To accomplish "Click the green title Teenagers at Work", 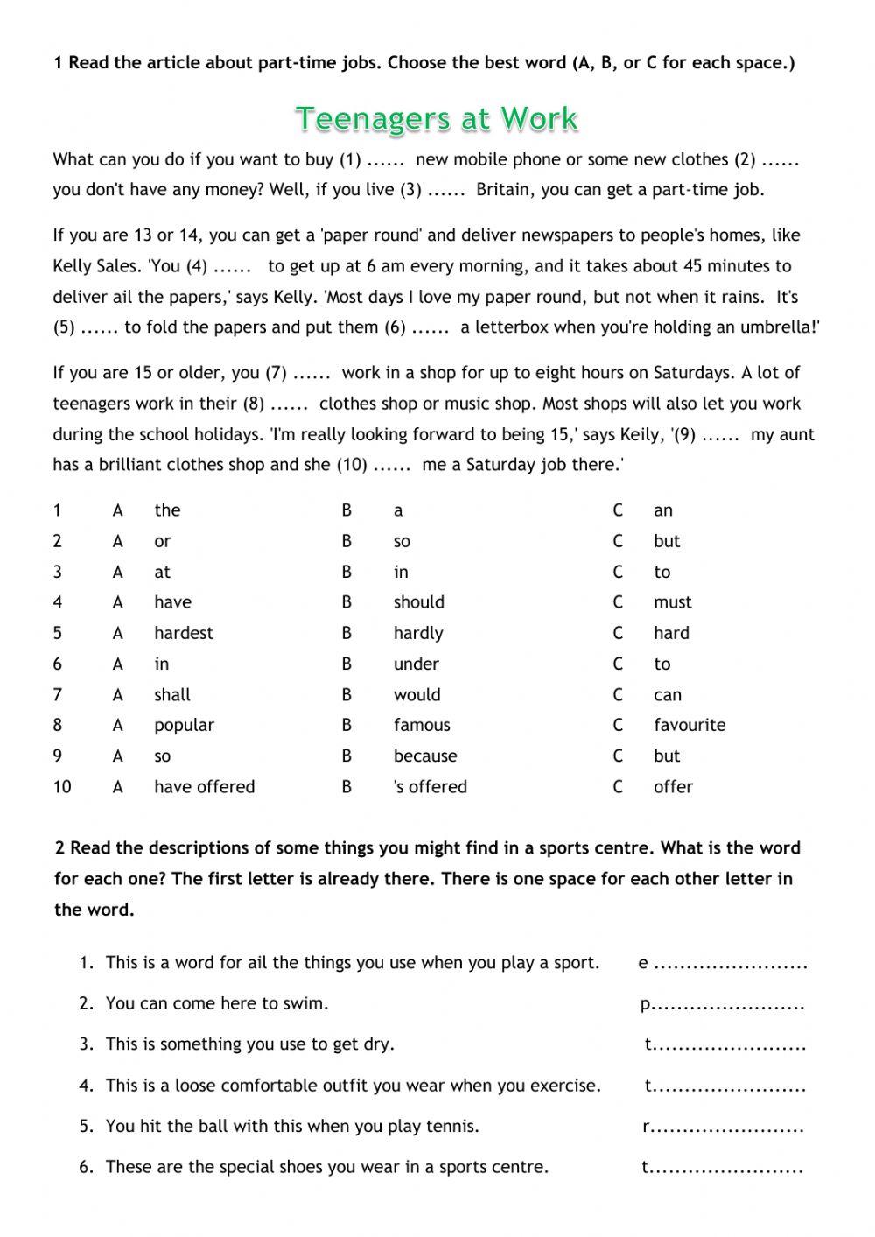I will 437,118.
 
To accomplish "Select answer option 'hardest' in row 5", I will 183,633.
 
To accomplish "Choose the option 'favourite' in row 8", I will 689,725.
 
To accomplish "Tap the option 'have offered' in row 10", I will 204,786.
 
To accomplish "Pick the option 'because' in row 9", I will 424,756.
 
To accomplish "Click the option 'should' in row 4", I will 418,602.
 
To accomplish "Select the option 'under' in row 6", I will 416,664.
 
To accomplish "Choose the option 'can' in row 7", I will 667,695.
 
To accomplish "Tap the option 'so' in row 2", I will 402,542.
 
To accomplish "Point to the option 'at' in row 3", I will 162,572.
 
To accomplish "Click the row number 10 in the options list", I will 61,786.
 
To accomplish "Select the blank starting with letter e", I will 730,965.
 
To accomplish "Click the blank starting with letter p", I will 728,1005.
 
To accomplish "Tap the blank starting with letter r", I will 728,1128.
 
